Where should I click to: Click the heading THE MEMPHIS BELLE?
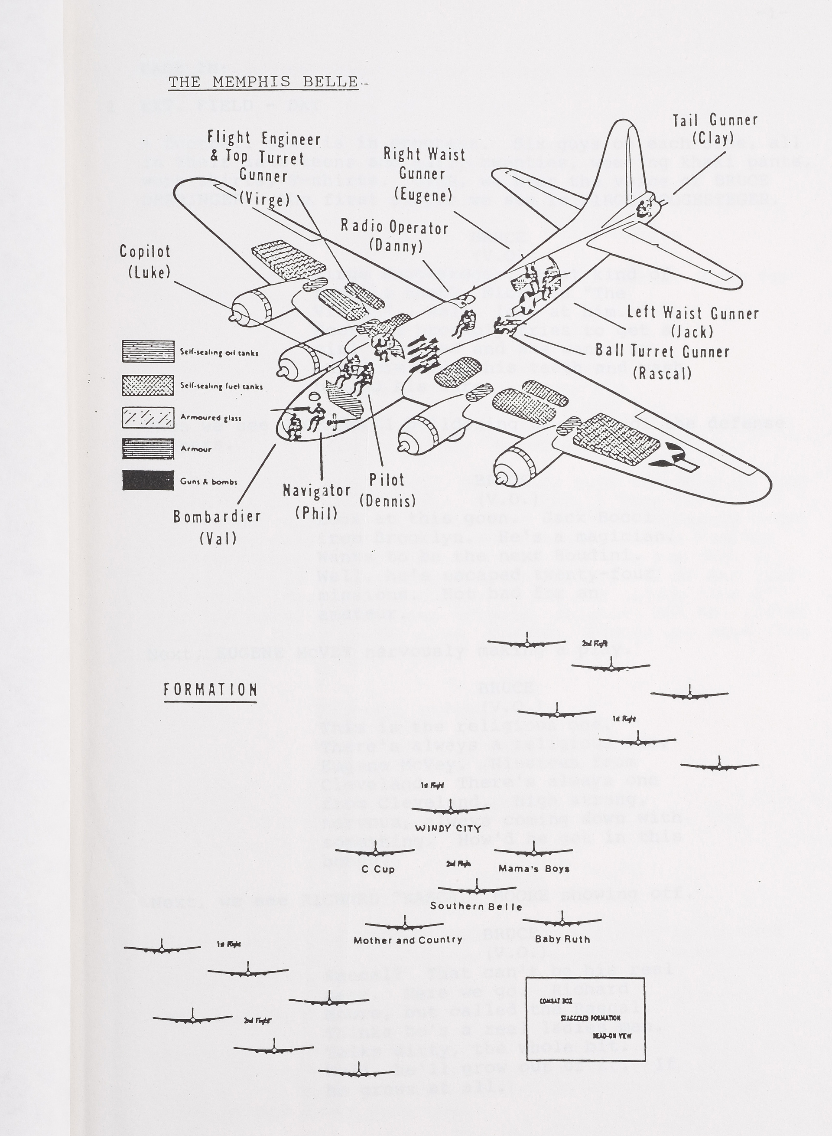263,82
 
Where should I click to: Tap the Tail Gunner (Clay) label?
715,128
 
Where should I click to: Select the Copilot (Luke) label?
146,262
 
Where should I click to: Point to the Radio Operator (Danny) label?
395,236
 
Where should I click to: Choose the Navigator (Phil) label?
316,501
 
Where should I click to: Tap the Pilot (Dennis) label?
387,490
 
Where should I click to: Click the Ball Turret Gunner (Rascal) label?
662,361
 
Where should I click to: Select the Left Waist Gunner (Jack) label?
692,321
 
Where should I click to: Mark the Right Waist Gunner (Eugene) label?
423,174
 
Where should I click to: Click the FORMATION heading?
211,690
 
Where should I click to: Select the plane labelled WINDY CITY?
450,810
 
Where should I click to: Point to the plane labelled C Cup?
375,852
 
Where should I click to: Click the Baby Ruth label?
562,939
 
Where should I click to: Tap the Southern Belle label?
476,906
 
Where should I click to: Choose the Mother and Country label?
408,940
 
